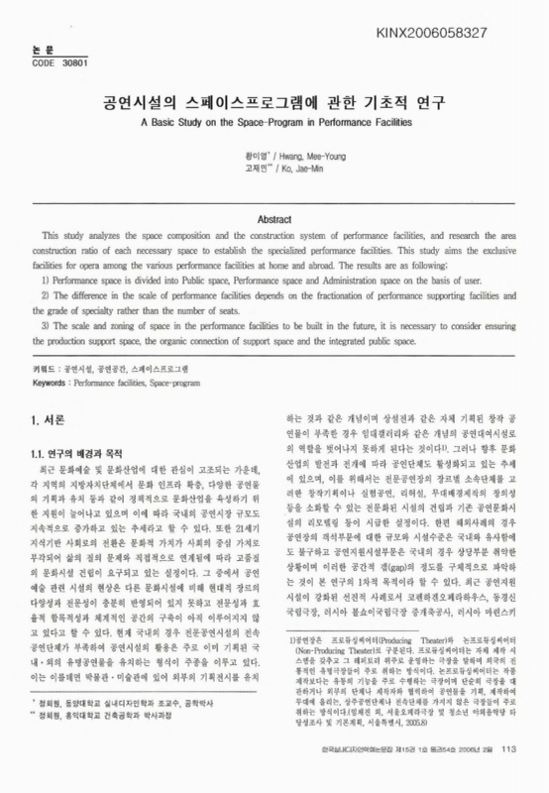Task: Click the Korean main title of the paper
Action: (x=274, y=101)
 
